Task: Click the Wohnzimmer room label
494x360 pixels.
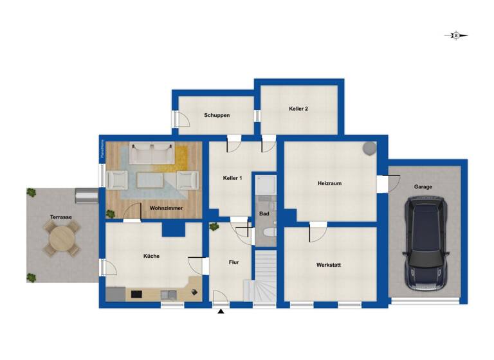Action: click(166, 208)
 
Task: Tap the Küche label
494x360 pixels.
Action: click(151, 256)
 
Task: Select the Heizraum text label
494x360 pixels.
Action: click(329, 183)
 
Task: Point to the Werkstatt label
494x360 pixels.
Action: click(329, 265)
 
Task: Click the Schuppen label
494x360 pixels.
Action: click(217, 115)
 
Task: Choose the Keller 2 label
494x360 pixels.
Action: click(298, 109)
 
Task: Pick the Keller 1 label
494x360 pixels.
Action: click(232, 178)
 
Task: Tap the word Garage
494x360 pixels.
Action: click(423, 187)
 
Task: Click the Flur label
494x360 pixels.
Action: click(234, 262)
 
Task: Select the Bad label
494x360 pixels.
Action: click(264, 213)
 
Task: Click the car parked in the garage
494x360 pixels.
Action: click(425, 242)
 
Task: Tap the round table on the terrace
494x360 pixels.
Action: click(62, 239)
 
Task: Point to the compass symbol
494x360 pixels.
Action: click(456, 36)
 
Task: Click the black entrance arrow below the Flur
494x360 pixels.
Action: click(221, 312)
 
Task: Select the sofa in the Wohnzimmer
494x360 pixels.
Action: click(151, 154)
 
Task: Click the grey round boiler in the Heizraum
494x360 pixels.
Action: click(369, 148)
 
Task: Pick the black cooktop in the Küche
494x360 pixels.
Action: click(136, 294)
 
